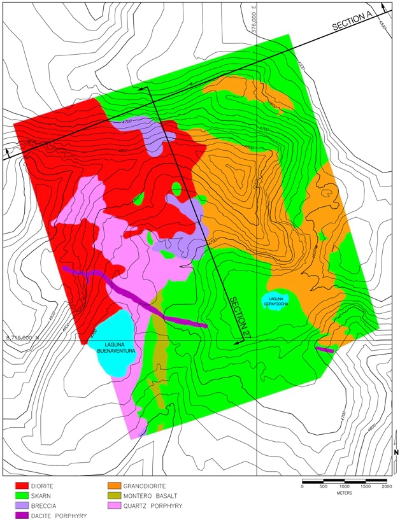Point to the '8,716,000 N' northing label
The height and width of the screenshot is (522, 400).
(x=23, y=337)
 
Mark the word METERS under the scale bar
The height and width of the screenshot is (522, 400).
(x=344, y=493)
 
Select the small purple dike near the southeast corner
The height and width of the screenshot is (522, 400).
(x=325, y=349)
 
